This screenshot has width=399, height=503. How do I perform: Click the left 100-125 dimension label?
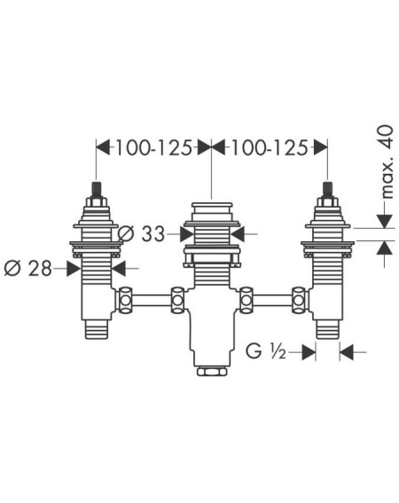tap(153, 148)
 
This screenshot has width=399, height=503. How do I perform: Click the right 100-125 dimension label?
tap(270, 148)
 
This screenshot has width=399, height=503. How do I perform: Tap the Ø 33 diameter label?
tap(142, 233)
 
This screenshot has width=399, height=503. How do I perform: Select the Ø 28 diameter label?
tap(27, 268)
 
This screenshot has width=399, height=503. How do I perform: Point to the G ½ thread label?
tap(266, 351)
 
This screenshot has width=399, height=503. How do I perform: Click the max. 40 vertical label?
tap(387, 161)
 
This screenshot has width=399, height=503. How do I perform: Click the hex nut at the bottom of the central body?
tap(212, 372)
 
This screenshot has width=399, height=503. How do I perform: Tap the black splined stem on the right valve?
tap(327, 191)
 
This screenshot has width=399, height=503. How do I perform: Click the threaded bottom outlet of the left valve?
tap(96, 329)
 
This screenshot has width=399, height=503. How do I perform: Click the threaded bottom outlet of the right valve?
tap(327, 329)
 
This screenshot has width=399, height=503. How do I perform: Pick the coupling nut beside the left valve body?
tap(125, 300)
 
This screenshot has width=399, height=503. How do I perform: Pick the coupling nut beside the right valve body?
tap(299, 300)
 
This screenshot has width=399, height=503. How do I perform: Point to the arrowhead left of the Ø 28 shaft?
tap(74, 268)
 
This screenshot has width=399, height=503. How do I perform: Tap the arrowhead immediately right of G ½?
tap(309, 352)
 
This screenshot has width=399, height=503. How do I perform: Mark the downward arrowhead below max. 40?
tap(385, 222)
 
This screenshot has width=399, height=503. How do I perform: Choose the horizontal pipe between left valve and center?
tap(152, 300)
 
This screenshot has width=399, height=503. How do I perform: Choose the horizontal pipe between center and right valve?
tap(272, 300)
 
